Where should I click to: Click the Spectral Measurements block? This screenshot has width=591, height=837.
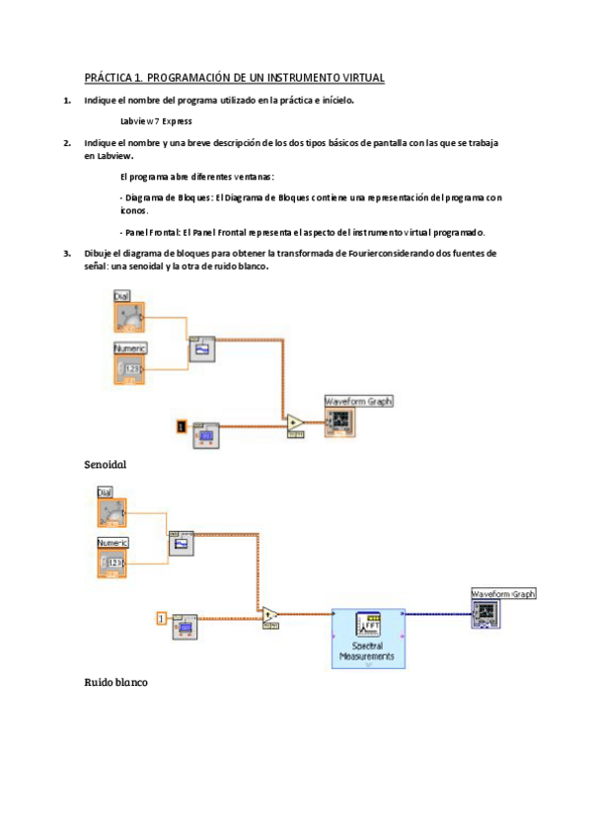(367, 638)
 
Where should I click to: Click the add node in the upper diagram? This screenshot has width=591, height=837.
(295, 422)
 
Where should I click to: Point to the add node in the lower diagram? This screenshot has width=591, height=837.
(270, 615)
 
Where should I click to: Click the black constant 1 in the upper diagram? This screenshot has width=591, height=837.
(181, 426)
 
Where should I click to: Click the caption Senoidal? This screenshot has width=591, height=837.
(106, 463)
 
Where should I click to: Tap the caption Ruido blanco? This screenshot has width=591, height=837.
(115, 682)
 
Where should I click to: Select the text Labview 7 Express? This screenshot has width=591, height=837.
(155, 121)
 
